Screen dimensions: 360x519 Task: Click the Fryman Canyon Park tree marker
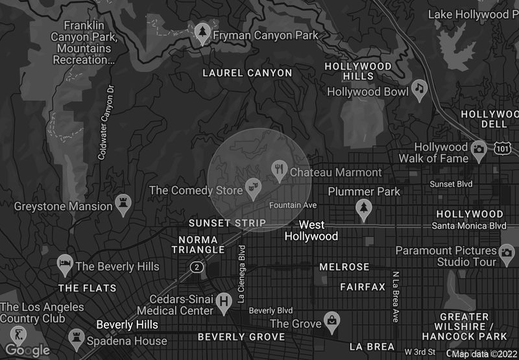tap(203, 34)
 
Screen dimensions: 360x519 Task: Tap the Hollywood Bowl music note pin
tap(420, 90)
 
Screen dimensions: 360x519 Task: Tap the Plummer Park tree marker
tap(364, 207)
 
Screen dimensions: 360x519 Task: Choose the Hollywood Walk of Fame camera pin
tap(479, 150)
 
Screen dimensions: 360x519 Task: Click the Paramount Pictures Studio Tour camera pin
tap(507, 252)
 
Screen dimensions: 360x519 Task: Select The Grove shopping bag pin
tap(332, 320)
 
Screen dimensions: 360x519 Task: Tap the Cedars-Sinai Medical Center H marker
tap(224, 301)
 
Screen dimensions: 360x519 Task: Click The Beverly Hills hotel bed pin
tap(65, 263)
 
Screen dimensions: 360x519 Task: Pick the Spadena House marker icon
tap(75, 337)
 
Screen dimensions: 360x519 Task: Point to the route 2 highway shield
tap(195, 267)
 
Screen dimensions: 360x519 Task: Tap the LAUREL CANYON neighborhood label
tap(247, 73)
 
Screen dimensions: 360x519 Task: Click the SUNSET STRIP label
tap(227, 223)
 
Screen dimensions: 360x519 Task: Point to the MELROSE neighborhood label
tap(344, 267)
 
